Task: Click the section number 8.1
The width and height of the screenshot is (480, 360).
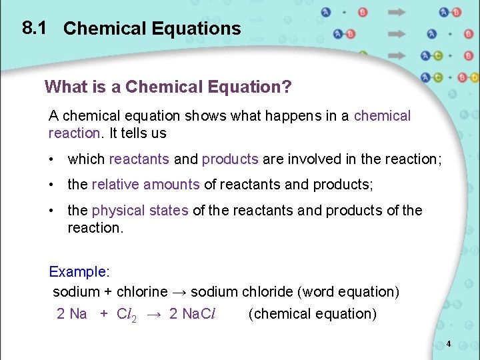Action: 33,28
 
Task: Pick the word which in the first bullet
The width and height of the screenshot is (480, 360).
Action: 86,159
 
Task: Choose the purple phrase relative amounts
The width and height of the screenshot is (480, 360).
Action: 145,185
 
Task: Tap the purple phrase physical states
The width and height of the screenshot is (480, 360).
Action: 140,211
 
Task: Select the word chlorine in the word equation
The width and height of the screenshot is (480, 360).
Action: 142,292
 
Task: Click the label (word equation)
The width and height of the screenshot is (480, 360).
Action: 349,292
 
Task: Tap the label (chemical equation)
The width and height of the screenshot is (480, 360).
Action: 312,314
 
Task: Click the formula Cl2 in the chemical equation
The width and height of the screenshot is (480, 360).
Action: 127,315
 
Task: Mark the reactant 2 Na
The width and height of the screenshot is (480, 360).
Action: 72,314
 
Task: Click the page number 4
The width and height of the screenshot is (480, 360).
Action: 449,344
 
